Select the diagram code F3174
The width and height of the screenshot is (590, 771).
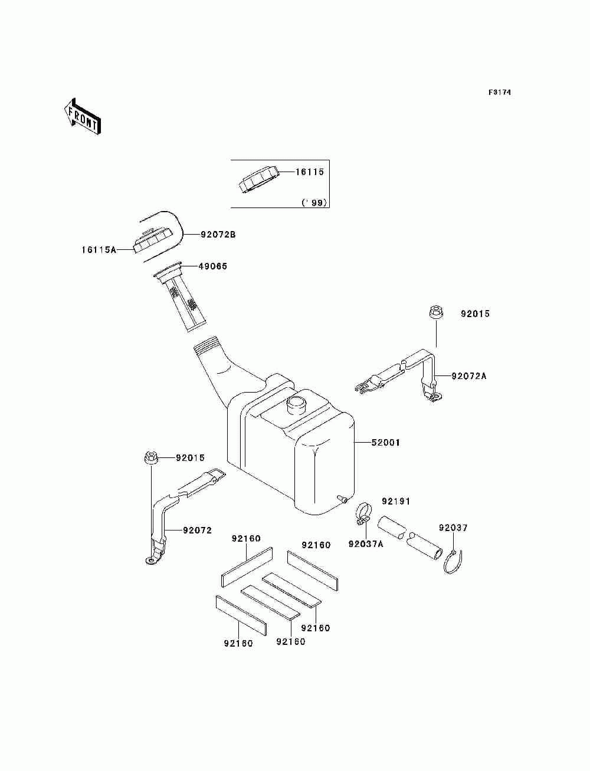click(499, 93)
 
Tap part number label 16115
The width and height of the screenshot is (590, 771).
click(310, 172)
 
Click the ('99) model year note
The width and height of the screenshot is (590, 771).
click(314, 203)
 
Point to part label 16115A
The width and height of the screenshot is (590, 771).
click(99, 250)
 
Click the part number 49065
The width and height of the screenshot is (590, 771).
click(212, 266)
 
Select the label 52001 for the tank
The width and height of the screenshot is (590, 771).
click(385, 442)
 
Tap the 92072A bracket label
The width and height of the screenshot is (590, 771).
click(470, 375)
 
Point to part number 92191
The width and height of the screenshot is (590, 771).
click(395, 501)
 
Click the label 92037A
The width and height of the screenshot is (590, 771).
click(365, 543)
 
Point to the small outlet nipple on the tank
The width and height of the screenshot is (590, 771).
click(342, 499)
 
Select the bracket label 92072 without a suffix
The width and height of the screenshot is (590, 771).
click(197, 531)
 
